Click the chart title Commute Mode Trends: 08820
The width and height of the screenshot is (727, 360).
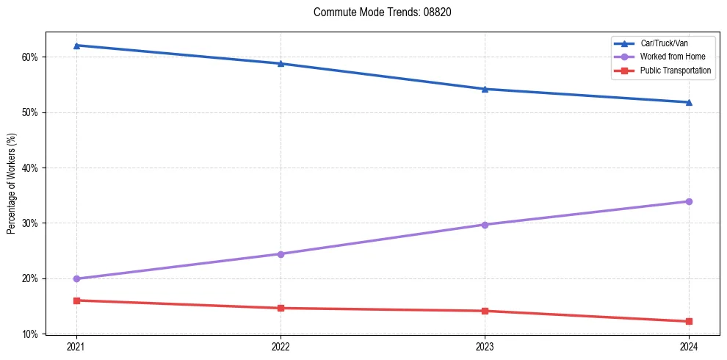[377, 12]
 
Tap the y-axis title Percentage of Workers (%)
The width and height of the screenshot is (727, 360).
[11, 183]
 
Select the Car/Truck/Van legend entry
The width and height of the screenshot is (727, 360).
[664, 43]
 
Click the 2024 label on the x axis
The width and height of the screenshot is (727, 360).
[689, 346]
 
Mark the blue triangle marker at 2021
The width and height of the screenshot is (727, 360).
[76, 46]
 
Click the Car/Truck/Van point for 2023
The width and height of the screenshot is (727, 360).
[485, 89]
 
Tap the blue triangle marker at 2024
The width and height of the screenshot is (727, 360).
[689, 102]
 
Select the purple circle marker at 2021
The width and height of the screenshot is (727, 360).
[76, 278]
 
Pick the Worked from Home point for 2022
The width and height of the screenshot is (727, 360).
[281, 254]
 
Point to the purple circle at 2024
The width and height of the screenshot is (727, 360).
[689, 201]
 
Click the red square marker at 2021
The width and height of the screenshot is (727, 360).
[76, 300]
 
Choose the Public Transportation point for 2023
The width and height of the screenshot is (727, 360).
[485, 311]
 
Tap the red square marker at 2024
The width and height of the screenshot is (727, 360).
[689, 321]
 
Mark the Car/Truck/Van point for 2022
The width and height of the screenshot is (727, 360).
[281, 63]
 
